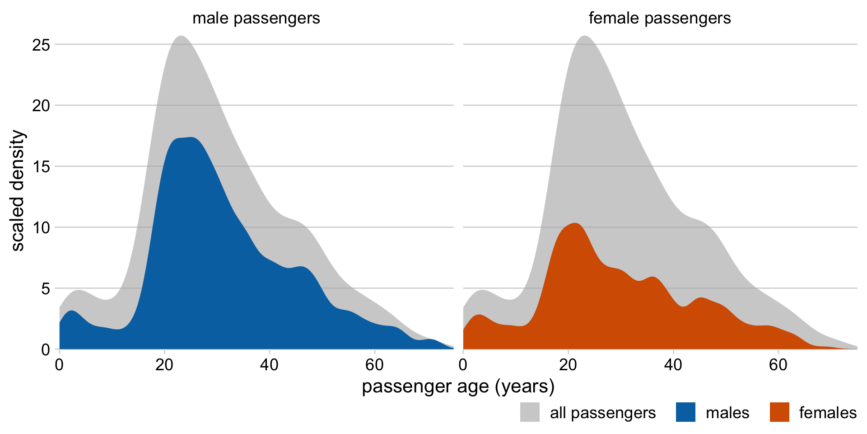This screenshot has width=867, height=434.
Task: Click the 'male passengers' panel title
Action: point(256,19)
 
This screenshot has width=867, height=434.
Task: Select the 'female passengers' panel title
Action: point(660,19)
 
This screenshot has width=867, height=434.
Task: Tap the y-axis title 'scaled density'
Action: point(18,190)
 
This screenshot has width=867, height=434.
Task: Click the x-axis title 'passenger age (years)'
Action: point(458,387)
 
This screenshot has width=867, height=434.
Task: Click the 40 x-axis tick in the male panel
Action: point(270,365)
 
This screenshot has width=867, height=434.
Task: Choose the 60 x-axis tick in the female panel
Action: point(778,365)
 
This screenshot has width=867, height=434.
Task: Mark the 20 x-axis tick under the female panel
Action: point(569,365)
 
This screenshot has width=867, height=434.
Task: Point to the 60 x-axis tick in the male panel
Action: point(375,365)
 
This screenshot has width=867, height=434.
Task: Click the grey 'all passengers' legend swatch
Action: point(530,412)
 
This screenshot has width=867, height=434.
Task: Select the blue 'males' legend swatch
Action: point(685,412)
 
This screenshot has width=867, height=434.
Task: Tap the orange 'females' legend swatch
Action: point(779,412)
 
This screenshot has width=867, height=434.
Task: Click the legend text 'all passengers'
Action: point(603,413)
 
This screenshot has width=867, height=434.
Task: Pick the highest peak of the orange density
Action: point(575,223)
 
